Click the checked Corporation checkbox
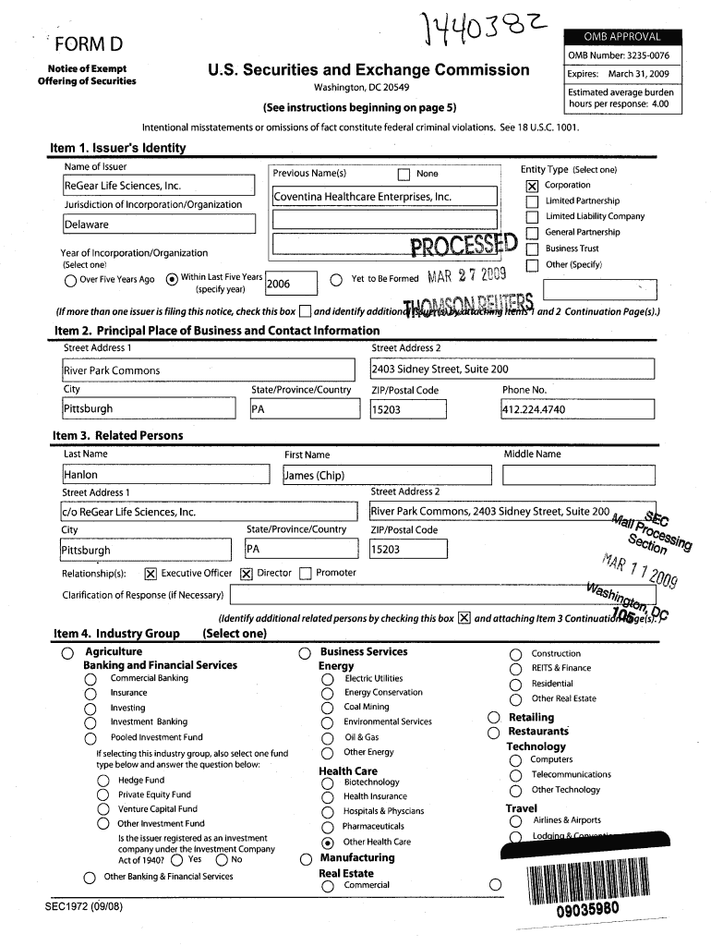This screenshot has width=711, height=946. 531,186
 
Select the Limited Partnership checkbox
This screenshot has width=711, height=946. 531,201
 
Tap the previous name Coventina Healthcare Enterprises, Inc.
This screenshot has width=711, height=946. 362,197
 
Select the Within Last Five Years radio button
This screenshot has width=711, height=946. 172,281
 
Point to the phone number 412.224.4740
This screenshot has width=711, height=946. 534,409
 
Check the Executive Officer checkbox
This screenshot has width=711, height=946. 150,574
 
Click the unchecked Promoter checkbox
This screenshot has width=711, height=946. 306,574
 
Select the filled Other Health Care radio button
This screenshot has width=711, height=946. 327,843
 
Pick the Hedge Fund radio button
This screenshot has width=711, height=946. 103,781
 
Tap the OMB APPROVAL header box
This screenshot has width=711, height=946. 621,37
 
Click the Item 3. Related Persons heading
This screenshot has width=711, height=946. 118,435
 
